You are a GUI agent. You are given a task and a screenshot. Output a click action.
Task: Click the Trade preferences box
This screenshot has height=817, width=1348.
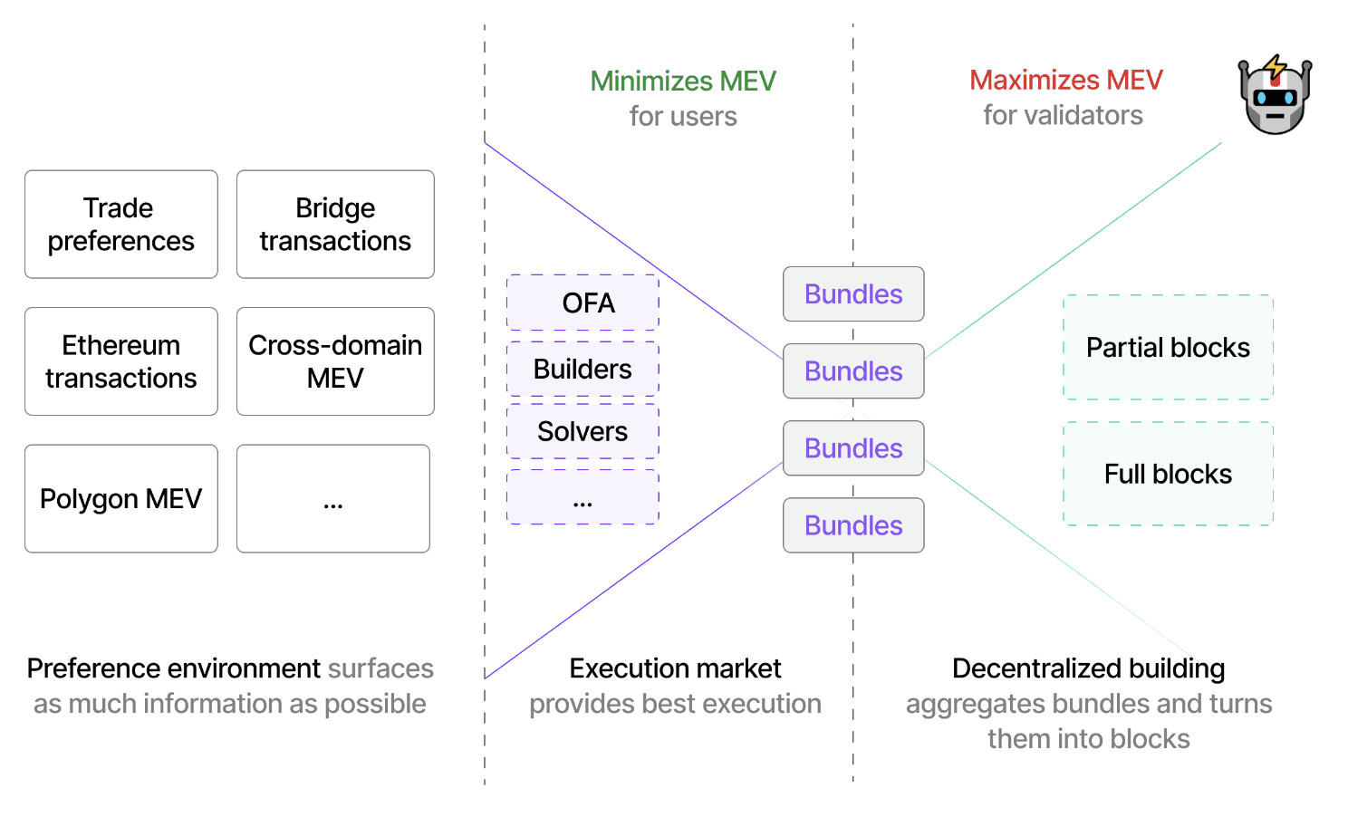point(121,225)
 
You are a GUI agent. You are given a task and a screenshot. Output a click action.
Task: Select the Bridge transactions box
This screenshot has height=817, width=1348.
point(335,225)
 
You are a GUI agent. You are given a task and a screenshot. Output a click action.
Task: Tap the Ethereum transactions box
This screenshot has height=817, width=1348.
point(121,361)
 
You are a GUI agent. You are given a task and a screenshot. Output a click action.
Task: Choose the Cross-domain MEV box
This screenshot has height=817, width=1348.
point(335,361)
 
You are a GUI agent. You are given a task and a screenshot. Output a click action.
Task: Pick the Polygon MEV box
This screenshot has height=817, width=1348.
point(121,498)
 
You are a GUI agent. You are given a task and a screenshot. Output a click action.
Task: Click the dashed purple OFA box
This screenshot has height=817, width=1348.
point(583,303)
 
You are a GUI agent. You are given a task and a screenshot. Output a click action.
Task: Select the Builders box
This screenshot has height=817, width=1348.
point(583,369)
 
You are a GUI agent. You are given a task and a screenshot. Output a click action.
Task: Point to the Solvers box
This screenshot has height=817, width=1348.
point(583,431)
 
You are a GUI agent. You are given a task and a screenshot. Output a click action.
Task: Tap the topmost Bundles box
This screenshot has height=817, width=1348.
point(853,294)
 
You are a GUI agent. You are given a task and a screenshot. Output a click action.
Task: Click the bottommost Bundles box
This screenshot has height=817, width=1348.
point(853,525)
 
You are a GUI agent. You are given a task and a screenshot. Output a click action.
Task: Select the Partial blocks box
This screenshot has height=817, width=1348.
point(1168,347)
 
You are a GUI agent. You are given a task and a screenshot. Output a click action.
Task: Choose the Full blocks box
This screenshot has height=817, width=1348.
point(1168,474)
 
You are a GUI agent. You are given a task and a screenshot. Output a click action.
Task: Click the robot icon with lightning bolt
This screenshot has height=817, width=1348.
point(1275,95)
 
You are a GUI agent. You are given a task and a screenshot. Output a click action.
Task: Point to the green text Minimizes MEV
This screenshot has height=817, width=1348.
point(683,81)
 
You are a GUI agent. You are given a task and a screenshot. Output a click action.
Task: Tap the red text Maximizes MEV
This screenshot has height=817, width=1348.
point(1066,80)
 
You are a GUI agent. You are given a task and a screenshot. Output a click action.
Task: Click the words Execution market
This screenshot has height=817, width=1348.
point(675,668)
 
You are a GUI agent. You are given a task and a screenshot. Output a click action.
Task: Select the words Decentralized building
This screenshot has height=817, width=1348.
point(1088,668)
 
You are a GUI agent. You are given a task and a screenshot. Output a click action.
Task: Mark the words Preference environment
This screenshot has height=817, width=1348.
point(173,668)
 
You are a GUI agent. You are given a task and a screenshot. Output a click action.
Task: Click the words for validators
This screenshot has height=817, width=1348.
point(1063,115)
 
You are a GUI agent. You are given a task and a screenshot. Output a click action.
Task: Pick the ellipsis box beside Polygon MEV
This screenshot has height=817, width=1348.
point(333,498)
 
